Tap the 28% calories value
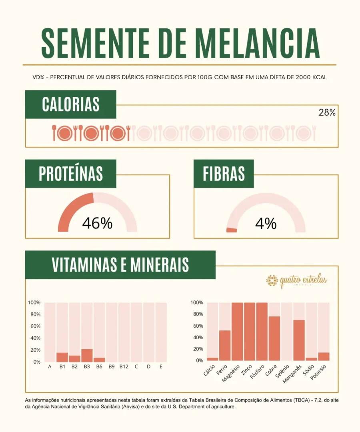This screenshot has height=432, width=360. (327, 113)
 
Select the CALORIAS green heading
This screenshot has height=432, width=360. (71, 104)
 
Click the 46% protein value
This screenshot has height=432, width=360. (97, 224)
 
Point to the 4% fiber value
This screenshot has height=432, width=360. (266, 224)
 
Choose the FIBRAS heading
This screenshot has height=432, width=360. (224, 174)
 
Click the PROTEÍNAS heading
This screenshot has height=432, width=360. (71, 174)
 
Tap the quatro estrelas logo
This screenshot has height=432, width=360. (297, 281)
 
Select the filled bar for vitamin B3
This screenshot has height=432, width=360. (87, 356)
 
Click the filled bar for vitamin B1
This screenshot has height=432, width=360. (62, 357)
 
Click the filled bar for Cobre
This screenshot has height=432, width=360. (274, 338)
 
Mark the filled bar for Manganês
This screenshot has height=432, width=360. (299, 340)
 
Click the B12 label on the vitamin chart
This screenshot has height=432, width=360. (124, 366)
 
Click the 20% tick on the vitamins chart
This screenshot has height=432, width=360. (34, 350)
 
